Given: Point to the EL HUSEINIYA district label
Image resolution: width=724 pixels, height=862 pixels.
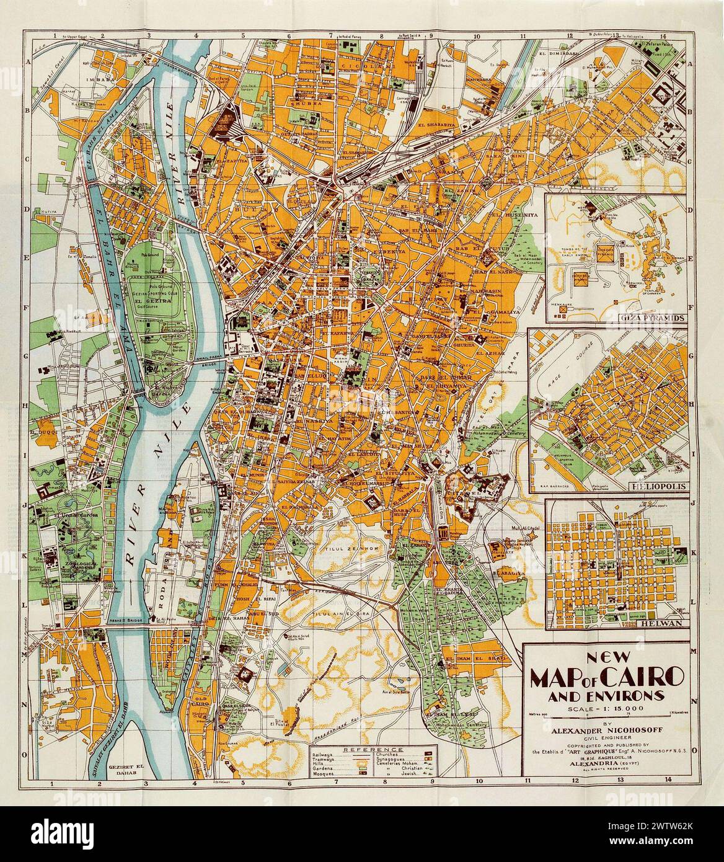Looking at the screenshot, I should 512,215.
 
